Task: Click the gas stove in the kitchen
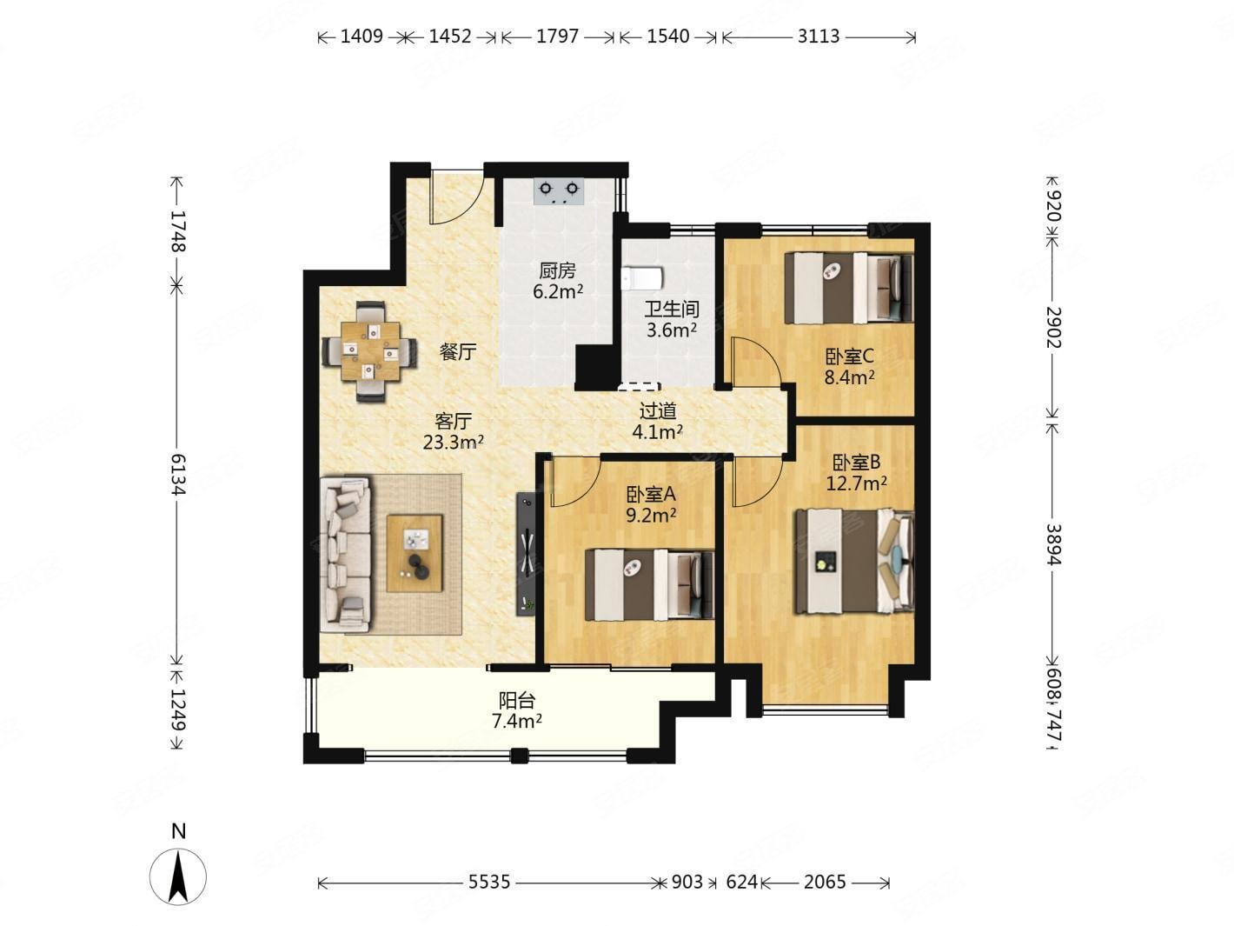click(558, 191)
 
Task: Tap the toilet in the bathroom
click(642, 278)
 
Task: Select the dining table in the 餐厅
click(369, 351)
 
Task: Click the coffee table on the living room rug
click(415, 553)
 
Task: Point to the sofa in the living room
click(345, 555)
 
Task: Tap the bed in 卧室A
click(649, 584)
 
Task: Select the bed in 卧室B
click(853, 561)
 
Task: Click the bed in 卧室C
click(849, 288)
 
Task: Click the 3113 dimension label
click(819, 37)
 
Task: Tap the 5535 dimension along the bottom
click(489, 882)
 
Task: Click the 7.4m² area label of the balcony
click(517, 720)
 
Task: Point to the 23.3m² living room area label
click(453, 443)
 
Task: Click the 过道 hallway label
click(658, 411)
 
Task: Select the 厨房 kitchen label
click(558, 270)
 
